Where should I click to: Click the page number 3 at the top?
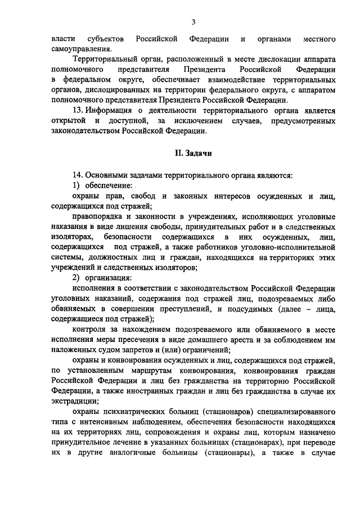pos(193,22)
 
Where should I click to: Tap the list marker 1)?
pos(77,185)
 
